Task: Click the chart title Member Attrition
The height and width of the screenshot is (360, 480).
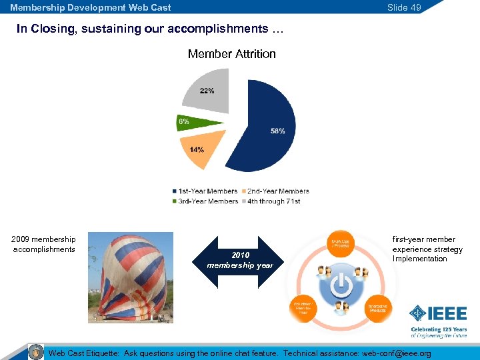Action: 231,54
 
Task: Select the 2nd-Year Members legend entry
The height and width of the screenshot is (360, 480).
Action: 278,191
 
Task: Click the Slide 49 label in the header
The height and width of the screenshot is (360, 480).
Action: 404,7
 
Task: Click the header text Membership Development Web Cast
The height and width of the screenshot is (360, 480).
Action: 91,7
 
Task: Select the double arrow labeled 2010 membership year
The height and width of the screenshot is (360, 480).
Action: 239,261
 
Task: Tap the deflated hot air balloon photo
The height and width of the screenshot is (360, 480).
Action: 131,277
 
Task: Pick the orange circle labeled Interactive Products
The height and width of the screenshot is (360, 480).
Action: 379,309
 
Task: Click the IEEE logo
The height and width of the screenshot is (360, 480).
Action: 437,313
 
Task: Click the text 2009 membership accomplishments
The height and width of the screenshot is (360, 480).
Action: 44,244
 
